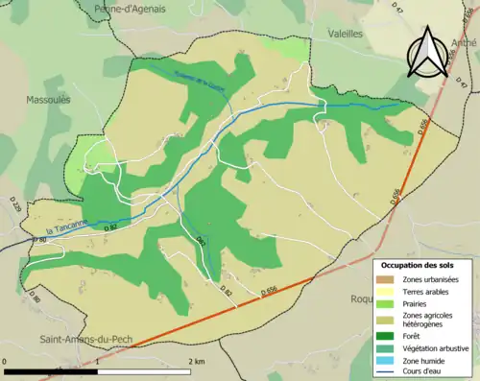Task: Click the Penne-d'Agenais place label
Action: coord(130,9)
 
